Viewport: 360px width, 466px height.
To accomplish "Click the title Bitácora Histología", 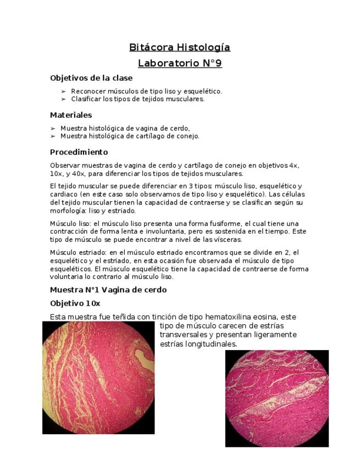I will coord(180,47).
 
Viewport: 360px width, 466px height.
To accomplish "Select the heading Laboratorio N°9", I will coord(180,63).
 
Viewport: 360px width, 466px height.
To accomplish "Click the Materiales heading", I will coord(71,115).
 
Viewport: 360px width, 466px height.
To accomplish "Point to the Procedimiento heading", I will coord(79,152).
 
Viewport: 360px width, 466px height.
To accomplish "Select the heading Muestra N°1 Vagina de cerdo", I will coord(108,290).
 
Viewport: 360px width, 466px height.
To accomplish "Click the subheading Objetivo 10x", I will coord(75,303).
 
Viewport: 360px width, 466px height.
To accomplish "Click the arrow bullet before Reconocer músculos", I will coord(64,91).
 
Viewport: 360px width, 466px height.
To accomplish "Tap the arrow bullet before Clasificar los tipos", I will coord(64,99).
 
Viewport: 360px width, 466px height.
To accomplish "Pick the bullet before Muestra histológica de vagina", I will coord(53,128).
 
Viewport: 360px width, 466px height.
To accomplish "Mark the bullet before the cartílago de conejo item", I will coord(53,136).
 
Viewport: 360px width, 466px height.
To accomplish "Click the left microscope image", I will coord(99,378).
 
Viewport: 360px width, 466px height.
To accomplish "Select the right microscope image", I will coord(277,398).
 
